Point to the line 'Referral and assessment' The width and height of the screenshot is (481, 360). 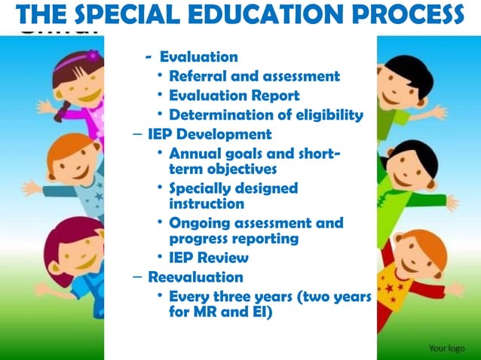[254, 76]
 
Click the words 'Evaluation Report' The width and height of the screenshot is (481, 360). [234, 96]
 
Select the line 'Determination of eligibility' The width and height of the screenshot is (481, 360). [265, 115]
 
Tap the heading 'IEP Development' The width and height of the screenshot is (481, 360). [210, 135]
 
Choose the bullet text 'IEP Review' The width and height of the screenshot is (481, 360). [209, 258]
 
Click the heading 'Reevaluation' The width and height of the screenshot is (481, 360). [195, 276]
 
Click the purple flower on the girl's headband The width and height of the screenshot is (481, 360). [93, 55]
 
